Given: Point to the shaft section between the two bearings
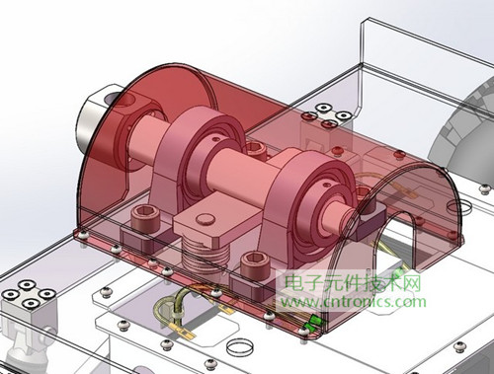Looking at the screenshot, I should pyautogui.click(x=242, y=167).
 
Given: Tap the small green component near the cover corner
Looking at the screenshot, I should pyautogui.click(x=314, y=323).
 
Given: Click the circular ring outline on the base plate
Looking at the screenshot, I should pyautogui.click(x=238, y=347).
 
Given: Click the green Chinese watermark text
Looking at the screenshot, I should pyautogui.click(x=350, y=283).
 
